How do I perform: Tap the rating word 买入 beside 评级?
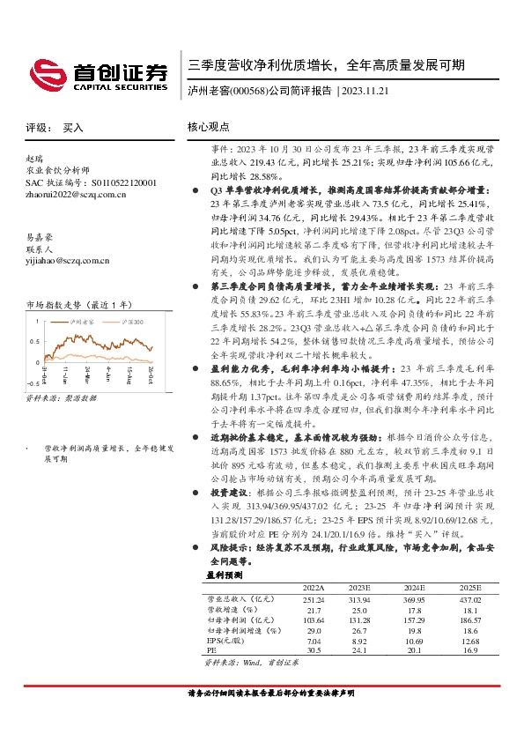(73, 128)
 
